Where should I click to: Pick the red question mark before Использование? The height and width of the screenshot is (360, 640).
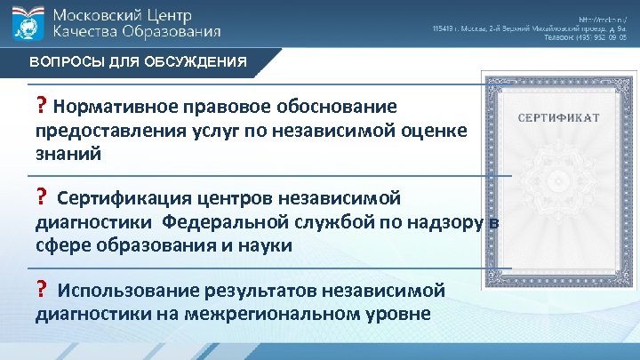(x=41, y=289)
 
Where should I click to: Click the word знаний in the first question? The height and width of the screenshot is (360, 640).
(x=68, y=153)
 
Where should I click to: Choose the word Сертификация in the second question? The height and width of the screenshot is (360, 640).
(x=122, y=196)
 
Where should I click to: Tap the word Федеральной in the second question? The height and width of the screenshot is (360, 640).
(x=236, y=220)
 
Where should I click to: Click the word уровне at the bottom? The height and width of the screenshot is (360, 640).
(x=397, y=314)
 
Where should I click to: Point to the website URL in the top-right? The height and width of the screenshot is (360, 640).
(x=603, y=19)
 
